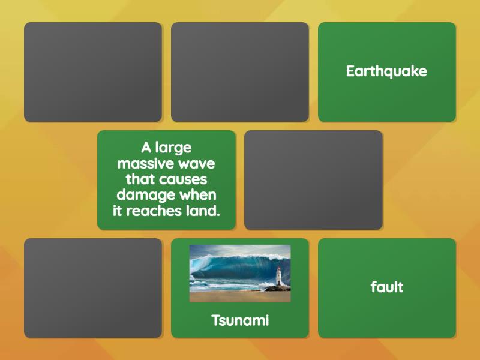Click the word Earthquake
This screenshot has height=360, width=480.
[x=386, y=71]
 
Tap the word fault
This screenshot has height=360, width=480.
[x=386, y=287]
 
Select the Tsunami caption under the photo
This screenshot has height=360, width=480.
[x=240, y=320]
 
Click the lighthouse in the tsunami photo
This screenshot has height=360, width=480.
[x=278, y=277]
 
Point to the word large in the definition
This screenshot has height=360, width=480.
[x=173, y=148]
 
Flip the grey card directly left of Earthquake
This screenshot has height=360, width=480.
[x=239, y=72]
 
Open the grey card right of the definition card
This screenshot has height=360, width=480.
[x=313, y=180]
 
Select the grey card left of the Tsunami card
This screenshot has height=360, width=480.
[x=93, y=288]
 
